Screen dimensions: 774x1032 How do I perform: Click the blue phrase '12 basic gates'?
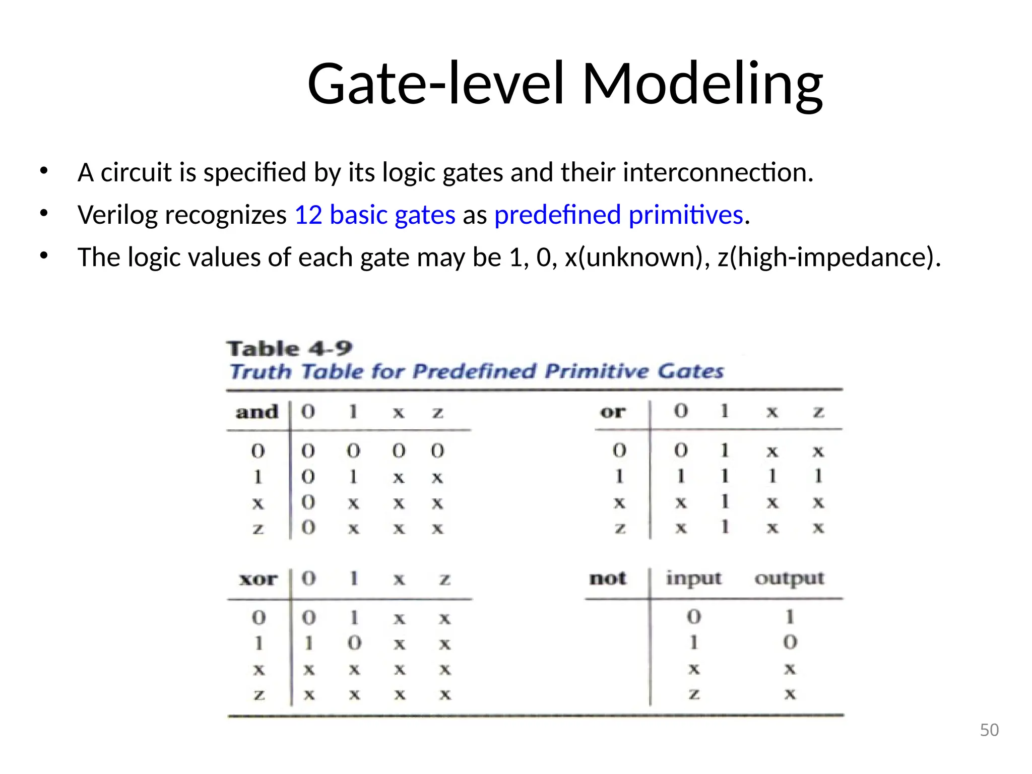[x=374, y=215]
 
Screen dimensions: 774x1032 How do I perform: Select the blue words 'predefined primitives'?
[x=618, y=215]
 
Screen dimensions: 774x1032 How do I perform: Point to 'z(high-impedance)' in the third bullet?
[x=826, y=257]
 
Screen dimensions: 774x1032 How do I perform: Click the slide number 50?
[x=989, y=730]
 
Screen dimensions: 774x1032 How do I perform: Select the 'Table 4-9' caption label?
[x=289, y=348]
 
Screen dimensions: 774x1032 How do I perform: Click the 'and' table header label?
[x=257, y=412]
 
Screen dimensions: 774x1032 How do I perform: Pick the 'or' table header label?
[x=613, y=412]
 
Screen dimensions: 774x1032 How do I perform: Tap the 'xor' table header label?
[x=258, y=579]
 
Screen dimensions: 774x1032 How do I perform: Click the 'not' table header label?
[x=608, y=578]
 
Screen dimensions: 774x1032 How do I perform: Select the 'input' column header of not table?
[x=693, y=578]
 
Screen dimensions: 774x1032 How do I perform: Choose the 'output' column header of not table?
[x=789, y=578]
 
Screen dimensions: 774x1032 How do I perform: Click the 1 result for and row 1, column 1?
[x=353, y=476]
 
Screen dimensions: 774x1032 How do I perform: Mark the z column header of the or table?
[x=818, y=412]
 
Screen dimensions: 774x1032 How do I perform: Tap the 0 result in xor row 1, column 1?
[x=354, y=643]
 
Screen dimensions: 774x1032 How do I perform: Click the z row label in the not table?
[x=694, y=694]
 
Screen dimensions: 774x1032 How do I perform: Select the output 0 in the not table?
[x=790, y=642]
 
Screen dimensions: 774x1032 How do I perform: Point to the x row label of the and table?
[x=258, y=502]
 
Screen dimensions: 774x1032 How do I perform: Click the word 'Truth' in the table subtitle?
[x=260, y=372]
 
